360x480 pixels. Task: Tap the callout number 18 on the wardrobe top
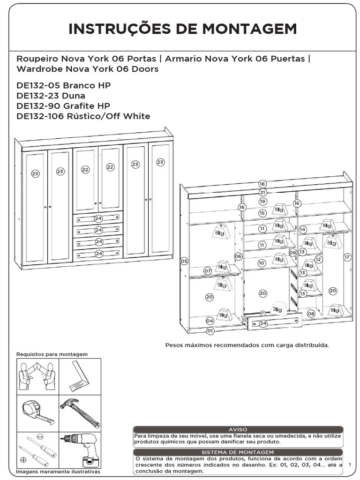[262, 184]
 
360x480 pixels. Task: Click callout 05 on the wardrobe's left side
[184, 261]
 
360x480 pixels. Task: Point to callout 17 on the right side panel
[347, 257]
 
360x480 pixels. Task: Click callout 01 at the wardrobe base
[210, 330]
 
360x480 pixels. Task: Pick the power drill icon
[80, 448]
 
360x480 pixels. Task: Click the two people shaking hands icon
[37, 375]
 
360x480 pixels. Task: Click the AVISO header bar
[238, 429]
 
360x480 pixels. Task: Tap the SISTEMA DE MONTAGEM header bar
[238, 452]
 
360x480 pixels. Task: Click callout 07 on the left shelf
[207, 270]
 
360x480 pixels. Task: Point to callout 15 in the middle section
[262, 213]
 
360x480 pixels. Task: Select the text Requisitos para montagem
[52, 354]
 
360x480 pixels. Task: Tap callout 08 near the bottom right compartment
[311, 313]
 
